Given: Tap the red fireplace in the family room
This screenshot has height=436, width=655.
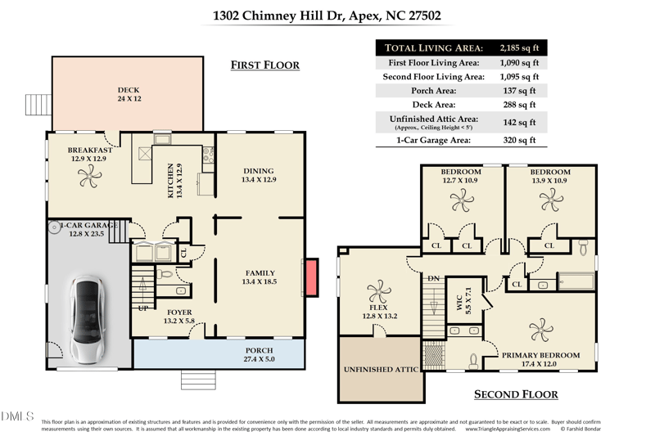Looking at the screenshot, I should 310,277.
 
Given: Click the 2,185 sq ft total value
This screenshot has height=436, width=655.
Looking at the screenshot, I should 520,47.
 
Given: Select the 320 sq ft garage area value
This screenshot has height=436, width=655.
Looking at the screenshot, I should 520,140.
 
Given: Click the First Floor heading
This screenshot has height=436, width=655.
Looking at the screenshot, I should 264,65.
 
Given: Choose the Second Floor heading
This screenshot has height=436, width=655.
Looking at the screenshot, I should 516,394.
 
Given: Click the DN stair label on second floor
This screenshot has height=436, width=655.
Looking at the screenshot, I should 434,279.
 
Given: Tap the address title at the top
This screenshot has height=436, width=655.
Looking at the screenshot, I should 327,16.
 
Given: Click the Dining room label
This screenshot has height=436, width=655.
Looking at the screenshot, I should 259,171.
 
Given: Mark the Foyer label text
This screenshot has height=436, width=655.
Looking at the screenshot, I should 178,312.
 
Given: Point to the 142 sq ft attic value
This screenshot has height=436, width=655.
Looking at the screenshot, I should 520,122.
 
